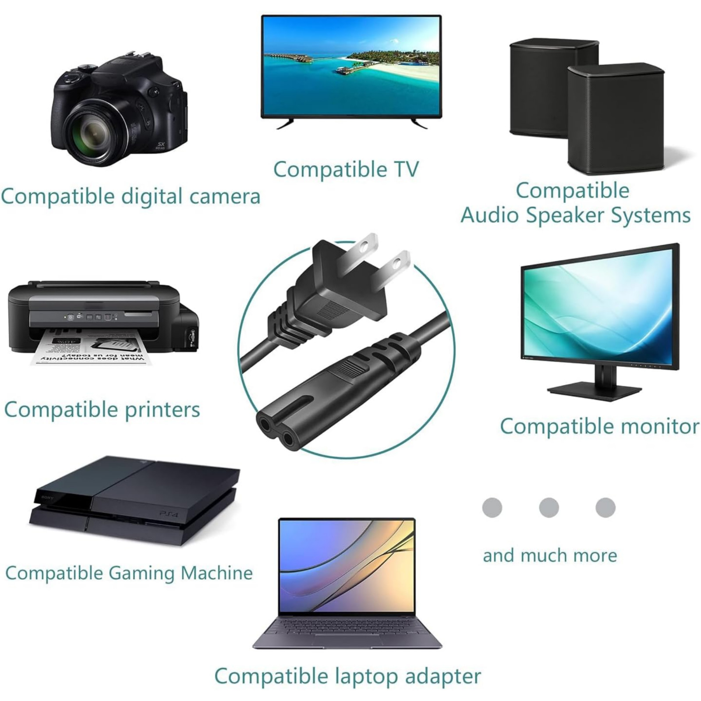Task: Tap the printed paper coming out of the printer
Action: point(90,350)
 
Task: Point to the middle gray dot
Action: point(549,507)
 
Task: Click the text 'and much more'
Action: point(550,556)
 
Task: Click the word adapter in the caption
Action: point(443,676)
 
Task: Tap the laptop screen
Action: point(347,565)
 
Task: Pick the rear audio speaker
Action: point(553,88)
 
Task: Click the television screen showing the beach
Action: point(351,66)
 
